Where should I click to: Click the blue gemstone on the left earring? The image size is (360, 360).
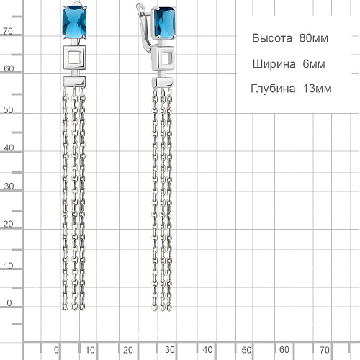click(x=75, y=22)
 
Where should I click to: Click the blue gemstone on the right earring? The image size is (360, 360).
click(x=164, y=23)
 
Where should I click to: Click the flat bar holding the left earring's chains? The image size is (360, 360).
click(x=75, y=81)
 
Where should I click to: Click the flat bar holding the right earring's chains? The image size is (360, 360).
click(x=163, y=83)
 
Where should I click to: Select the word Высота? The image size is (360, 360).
click(x=272, y=38)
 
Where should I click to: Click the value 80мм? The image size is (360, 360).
click(x=313, y=38)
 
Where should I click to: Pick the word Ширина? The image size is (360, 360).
click(x=274, y=64)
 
